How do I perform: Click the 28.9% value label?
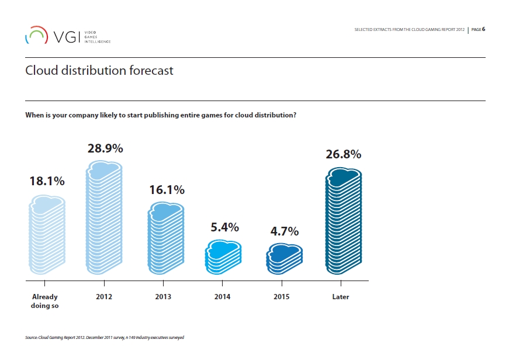click(x=105, y=148)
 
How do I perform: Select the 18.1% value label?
click(x=47, y=181)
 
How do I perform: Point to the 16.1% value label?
click(x=167, y=190)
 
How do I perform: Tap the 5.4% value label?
click(x=224, y=227)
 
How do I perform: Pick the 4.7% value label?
click(x=284, y=231)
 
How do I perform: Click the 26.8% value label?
click(x=343, y=154)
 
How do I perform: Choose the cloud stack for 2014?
click(x=223, y=257)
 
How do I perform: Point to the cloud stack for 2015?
click(x=284, y=259)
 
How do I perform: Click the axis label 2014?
click(x=222, y=297)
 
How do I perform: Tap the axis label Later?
click(x=340, y=297)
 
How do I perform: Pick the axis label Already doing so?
click(x=44, y=301)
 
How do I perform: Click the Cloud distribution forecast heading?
click(x=99, y=71)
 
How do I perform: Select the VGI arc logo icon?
click(x=36, y=35)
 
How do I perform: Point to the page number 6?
click(x=484, y=29)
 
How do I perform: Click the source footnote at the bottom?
click(x=105, y=338)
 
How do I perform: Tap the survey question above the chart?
click(x=161, y=115)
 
